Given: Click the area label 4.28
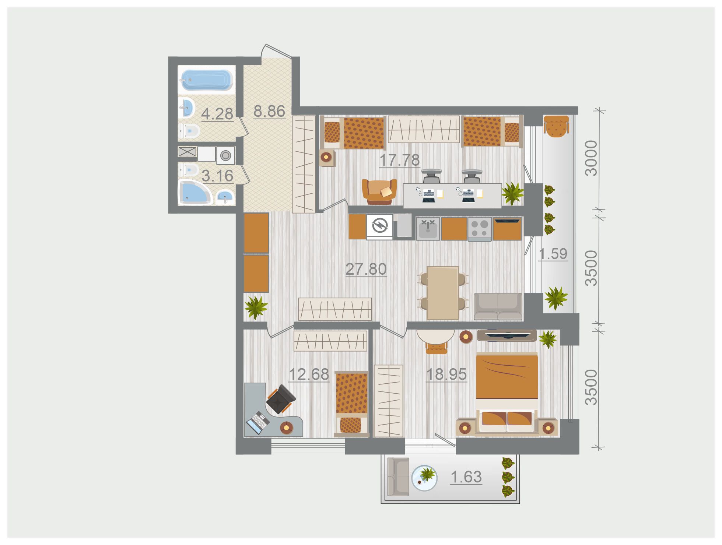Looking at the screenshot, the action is click(x=217, y=114).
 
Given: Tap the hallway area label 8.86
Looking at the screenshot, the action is click(x=269, y=111).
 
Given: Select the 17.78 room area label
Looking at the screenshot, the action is click(x=399, y=160).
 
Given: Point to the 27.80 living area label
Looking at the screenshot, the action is click(x=366, y=269).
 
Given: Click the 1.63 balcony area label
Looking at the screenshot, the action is click(x=466, y=477).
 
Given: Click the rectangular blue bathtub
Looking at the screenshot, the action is click(x=206, y=79).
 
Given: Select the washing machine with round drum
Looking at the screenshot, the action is click(x=225, y=155).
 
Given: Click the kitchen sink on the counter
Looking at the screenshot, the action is click(x=428, y=229).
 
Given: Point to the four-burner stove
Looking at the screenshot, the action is click(x=480, y=229).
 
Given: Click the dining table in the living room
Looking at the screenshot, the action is click(x=443, y=293).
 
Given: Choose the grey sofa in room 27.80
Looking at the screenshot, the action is click(x=498, y=306).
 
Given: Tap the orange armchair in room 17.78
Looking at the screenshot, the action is click(x=379, y=192).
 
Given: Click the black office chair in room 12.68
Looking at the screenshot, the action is click(x=281, y=399).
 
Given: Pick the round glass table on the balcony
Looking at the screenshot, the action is click(x=424, y=478).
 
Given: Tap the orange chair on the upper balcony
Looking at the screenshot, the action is click(x=556, y=126).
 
